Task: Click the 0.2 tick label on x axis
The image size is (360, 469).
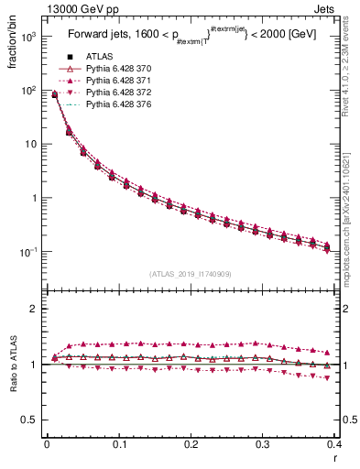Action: pyautogui.click(x=191, y=443)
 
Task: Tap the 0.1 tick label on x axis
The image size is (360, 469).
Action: pyautogui.click(x=119, y=443)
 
